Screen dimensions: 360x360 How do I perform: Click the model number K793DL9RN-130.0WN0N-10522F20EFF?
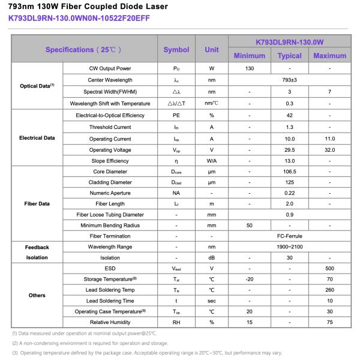pyautogui.click(x=79, y=18)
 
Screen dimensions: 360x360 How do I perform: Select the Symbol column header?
pyautogui.click(x=176, y=50)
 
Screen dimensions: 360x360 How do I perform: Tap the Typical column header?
pyautogui.click(x=289, y=56)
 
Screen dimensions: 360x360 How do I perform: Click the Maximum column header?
pyautogui.click(x=329, y=56)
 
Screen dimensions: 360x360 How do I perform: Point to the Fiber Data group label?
pyautogui.click(x=37, y=203)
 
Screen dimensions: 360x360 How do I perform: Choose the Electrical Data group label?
pyautogui.click(x=37, y=138)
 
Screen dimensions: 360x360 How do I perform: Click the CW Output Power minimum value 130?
pyautogui.click(x=249, y=68)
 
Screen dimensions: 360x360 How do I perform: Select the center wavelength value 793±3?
pyautogui.click(x=289, y=80)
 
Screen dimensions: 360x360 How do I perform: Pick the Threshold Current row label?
pyautogui.click(x=110, y=127)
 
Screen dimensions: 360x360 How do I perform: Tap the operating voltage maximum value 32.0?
pyautogui.click(x=329, y=150)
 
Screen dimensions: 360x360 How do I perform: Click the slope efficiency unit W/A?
pyautogui.click(x=211, y=161)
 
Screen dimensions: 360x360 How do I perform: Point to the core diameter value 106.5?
pyautogui.click(x=289, y=172)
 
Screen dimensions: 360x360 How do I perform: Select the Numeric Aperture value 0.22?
pyautogui.click(x=289, y=193)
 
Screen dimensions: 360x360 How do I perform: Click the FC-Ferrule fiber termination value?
pyautogui.click(x=289, y=236)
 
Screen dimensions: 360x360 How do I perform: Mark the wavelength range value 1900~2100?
pyautogui.click(x=289, y=247)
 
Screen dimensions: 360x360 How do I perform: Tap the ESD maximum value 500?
pyautogui.click(x=329, y=268)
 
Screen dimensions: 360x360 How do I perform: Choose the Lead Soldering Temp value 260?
pyautogui.click(x=329, y=290)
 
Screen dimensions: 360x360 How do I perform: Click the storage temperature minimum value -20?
pyautogui.click(x=249, y=279)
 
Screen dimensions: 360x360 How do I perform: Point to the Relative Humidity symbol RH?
pyautogui.click(x=176, y=322)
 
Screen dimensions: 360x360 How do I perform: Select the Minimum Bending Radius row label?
pyautogui.click(x=110, y=226)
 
